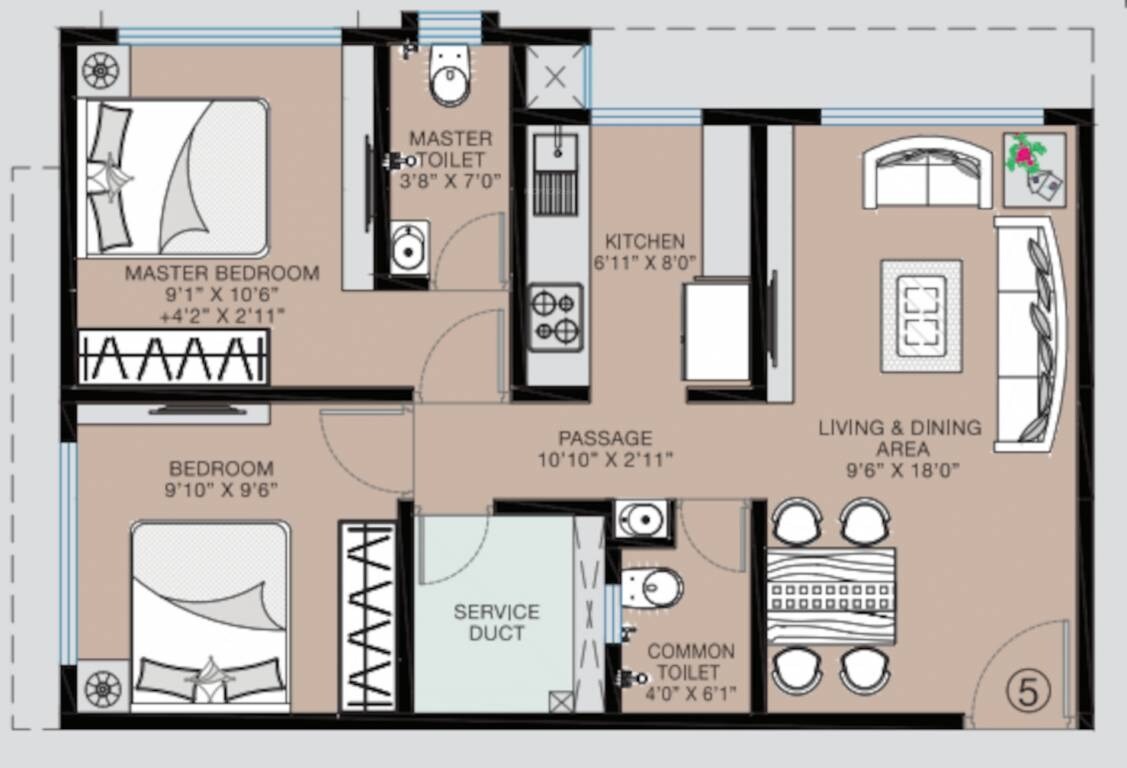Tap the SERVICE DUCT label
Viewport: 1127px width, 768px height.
[496, 622]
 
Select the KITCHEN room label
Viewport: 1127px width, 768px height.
[645, 241]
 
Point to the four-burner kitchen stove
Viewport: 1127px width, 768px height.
[555, 317]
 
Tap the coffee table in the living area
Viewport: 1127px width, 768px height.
[921, 315]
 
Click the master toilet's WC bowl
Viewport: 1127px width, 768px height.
[450, 78]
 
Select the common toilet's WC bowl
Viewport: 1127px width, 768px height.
[654, 587]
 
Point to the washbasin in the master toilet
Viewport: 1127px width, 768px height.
[408, 247]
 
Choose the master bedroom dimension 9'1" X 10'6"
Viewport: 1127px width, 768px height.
[223, 294]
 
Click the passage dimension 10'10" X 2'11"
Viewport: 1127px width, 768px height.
[604, 460]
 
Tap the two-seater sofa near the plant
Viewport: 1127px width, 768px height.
[928, 173]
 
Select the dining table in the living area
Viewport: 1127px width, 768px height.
[830, 596]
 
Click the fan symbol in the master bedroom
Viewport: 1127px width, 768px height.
[101, 70]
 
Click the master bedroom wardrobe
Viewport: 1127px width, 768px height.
[173, 356]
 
